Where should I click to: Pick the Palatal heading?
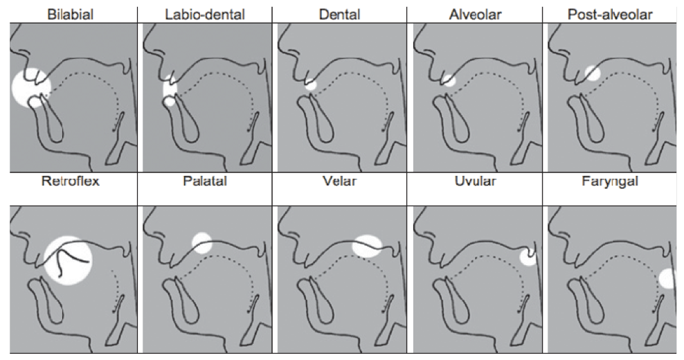pyautogui.click(x=205, y=185)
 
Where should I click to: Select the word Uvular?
pyautogui.click(x=475, y=185)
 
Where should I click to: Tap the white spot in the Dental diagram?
pyautogui.click(x=310, y=85)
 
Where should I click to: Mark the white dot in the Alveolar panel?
pyautogui.click(x=449, y=80)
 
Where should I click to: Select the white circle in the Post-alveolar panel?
pyautogui.click(x=592, y=73)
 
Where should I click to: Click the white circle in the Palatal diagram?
pyautogui.click(x=202, y=243)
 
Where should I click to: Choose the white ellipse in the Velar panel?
pyautogui.click(x=366, y=246)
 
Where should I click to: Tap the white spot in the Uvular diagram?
pyautogui.click(x=528, y=258)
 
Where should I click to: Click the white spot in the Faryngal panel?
pyautogui.click(x=667, y=278)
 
